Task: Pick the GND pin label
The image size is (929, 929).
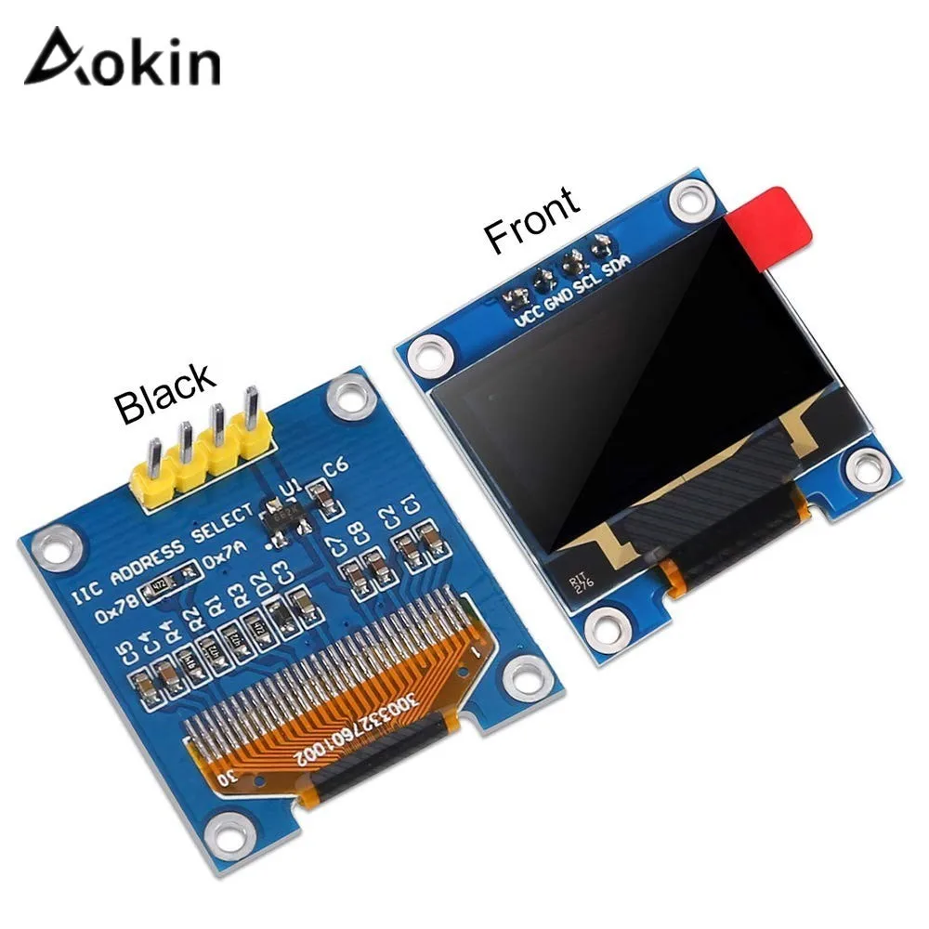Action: (x=558, y=295)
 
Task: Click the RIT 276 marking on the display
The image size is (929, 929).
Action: (x=580, y=582)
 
